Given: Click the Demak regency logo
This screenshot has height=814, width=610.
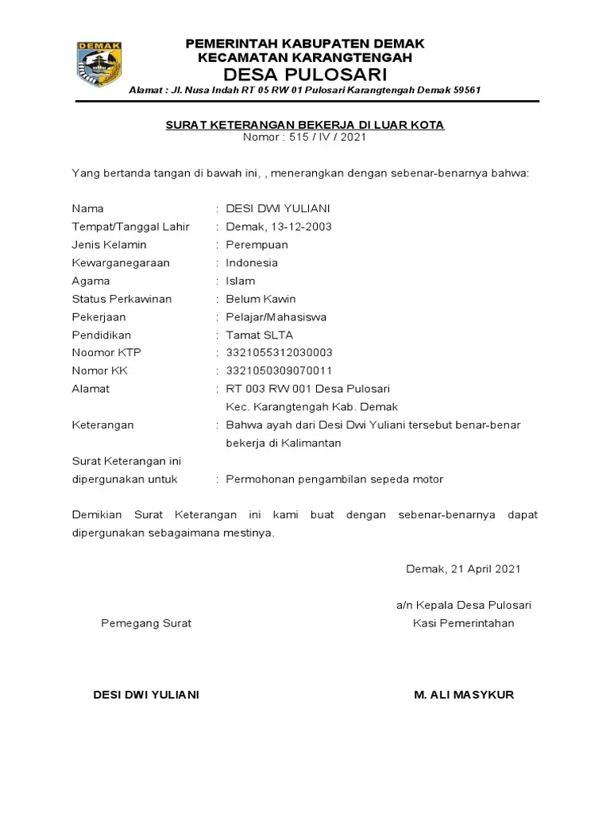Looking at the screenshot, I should tap(100, 64).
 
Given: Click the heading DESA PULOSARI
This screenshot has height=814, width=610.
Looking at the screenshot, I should tap(305, 76).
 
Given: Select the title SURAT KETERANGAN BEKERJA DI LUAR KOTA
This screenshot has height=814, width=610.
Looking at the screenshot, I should tap(305, 125).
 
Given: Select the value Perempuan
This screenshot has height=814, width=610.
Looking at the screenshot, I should tap(257, 245).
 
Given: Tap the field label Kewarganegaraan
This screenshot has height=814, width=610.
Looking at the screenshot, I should tap(121, 263).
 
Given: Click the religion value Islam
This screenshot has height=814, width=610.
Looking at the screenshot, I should tap(241, 281).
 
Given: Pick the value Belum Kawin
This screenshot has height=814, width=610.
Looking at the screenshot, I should tap(261, 299).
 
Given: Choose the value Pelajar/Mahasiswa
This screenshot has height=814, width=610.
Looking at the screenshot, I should tap(276, 317).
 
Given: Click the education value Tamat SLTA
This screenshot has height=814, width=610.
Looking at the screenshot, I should tap(259, 335).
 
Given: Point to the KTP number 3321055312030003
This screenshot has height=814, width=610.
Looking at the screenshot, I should tap(279, 353).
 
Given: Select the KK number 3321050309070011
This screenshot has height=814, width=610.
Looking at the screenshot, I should tap(279, 371).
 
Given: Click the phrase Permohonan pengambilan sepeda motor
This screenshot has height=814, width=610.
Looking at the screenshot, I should tap(334, 479).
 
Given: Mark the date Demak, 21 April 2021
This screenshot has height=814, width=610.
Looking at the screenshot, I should tap(463, 569).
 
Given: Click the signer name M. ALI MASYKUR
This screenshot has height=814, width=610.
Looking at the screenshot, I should tap(464, 695).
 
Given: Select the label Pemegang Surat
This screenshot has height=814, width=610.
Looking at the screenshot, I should tap(146, 623).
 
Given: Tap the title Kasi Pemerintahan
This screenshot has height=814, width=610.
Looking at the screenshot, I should tap(464, 623).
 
